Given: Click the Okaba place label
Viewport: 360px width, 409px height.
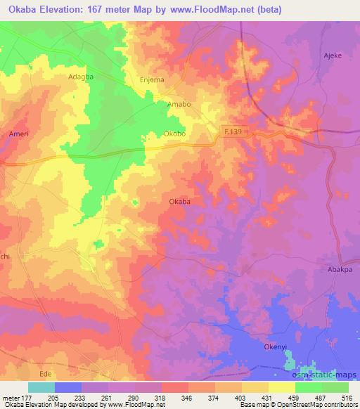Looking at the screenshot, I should coord(180,202).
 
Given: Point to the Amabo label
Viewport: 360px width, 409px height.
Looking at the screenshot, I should coord(179,104).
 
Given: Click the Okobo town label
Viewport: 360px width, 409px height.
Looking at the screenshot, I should coord(175,131).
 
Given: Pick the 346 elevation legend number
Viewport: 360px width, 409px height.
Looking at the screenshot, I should coord(186,396).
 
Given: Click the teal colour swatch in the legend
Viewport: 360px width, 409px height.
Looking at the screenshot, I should coord(41,387).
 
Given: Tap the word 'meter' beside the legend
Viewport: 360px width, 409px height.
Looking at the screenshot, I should coord(11,396).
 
